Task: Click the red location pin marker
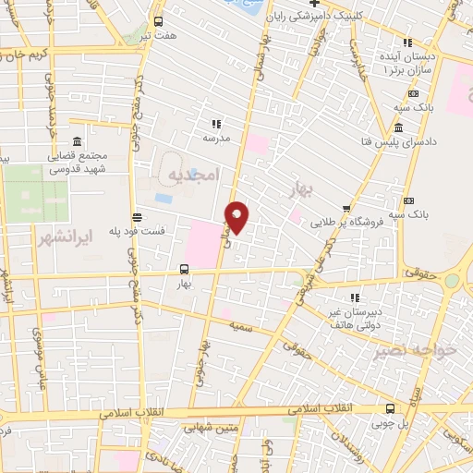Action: pyautogui.click(x=237, y=217)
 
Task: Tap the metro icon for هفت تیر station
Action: pyautogui.click(x=159, y=21)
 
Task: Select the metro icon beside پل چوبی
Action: pyautogui.click(x=388, y=407)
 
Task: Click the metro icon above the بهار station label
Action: pyautogui.click(x=184, y=270)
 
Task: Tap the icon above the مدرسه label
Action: pyautogui.click(x=217, y=123)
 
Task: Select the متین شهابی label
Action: pyautogui.click(x=210, y=428)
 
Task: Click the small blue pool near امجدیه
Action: pyautogui.click(x=164, y=198)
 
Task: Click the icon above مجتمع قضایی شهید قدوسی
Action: pyautogui.click(x=76, y=142)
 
